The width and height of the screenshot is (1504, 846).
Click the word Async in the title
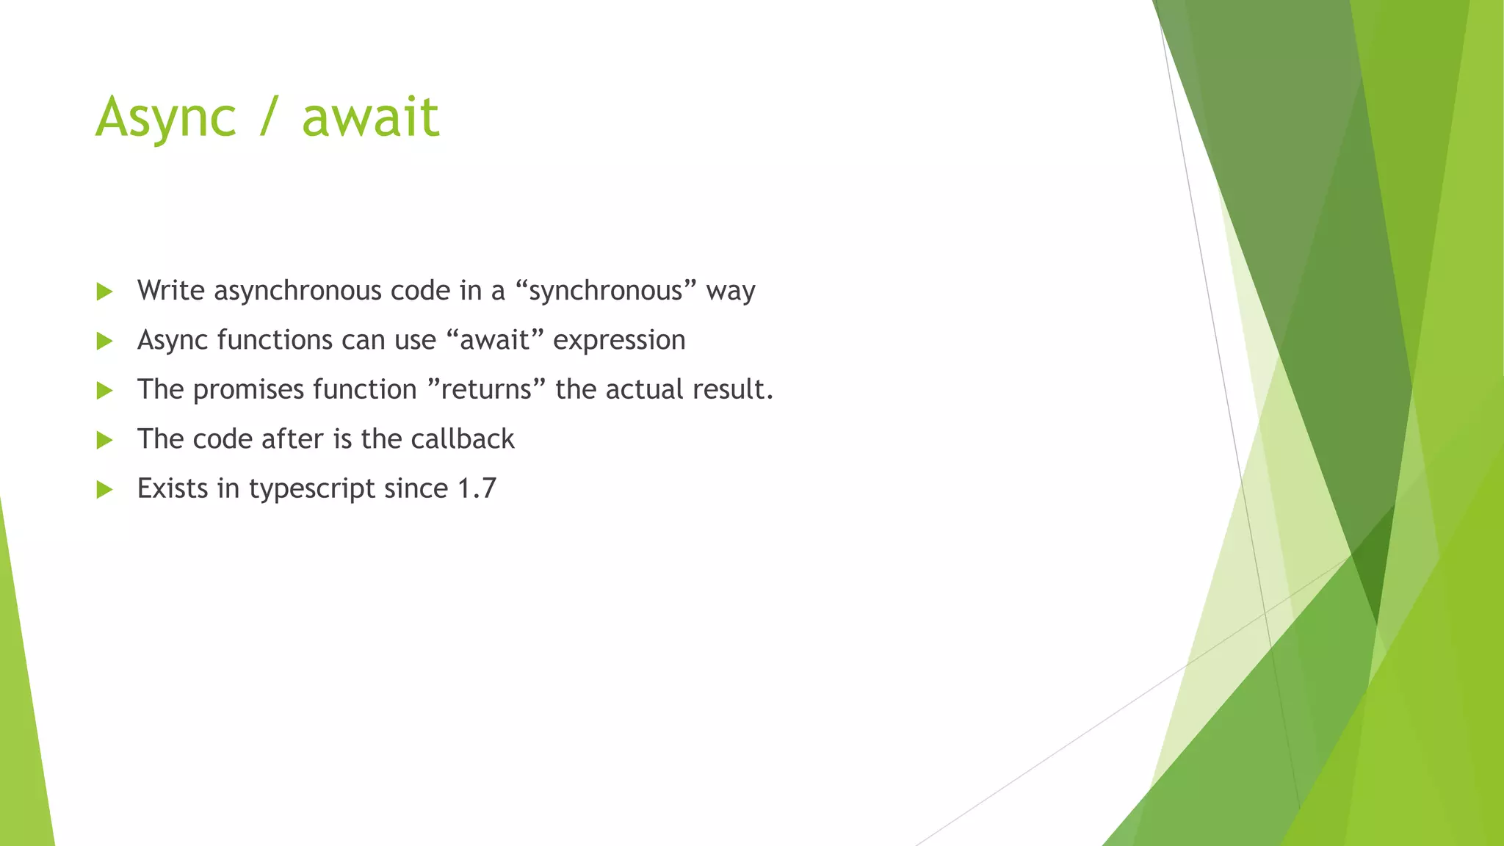click(166, 117)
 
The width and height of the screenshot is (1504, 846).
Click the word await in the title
click(370, 117)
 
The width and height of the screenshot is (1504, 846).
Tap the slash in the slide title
click(269, 117)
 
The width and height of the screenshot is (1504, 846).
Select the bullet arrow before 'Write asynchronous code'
click(104, 292)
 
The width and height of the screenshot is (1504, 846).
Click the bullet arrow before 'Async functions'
click(104, 341)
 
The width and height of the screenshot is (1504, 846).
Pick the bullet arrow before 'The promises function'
click(104, 390)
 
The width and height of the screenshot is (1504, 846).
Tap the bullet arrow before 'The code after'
click(104, 440)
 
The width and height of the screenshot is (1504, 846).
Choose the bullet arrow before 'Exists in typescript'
click(104, 489)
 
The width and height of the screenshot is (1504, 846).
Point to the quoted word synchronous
click(606, 292)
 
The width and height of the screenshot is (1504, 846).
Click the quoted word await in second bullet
click(495, 341)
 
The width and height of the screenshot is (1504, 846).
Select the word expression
click(619, 341)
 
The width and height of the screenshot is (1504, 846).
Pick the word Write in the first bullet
click(170, 291)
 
